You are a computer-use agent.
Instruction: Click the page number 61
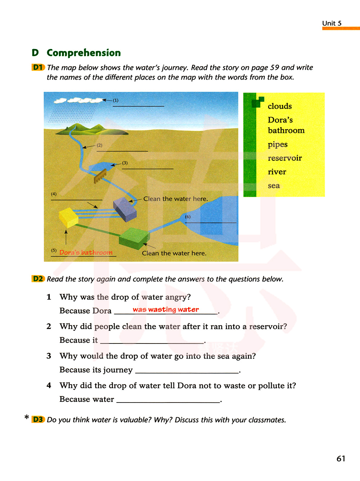341,458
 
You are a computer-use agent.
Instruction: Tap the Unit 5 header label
332,23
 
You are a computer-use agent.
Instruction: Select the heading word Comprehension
84,53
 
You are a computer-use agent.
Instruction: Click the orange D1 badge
38,67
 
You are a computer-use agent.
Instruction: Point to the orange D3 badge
38,419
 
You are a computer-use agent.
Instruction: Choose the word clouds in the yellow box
280,106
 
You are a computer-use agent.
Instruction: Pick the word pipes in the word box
278,144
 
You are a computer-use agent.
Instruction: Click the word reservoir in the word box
285,158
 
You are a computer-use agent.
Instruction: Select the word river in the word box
277,172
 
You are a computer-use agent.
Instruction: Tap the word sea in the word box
274,186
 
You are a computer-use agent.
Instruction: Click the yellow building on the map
68,217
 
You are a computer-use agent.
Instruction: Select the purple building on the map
125,209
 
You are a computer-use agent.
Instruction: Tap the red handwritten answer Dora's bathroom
86,252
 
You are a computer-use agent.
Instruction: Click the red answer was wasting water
166,309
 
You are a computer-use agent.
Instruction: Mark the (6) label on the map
188,217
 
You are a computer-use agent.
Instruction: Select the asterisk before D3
27,417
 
